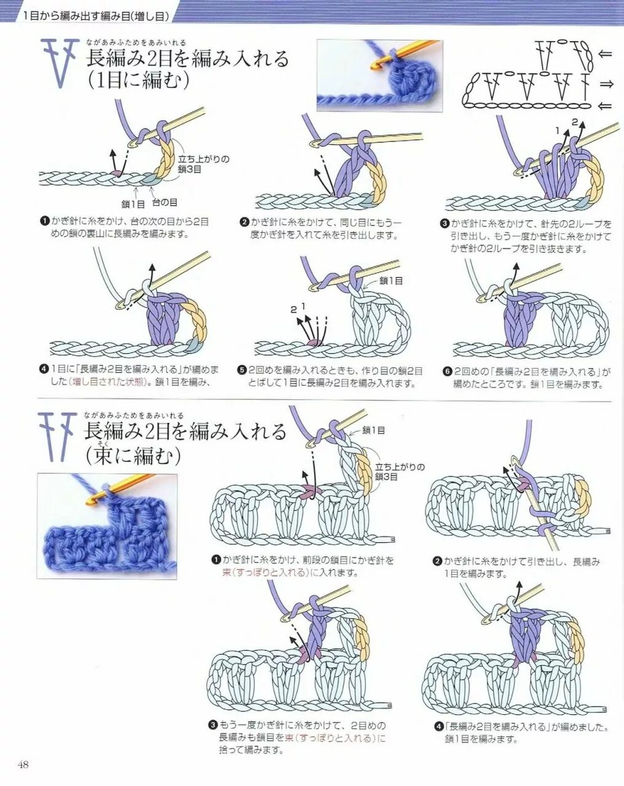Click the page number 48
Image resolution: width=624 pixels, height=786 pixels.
pyautogui.click(x=23, y=765)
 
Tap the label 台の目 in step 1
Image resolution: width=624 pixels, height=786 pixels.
pyautogui.click(x=165, y=202)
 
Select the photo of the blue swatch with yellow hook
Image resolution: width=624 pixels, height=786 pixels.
pyautogui.click(x=107, y=526)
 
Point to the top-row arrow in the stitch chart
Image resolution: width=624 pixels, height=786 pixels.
pyautogui.click(x=605, y=55)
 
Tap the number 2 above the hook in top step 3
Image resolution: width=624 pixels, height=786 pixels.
pyautogui.click(x=575, y=122)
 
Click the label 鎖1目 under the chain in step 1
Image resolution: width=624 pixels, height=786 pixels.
pyautogui.click(x=133, y=204)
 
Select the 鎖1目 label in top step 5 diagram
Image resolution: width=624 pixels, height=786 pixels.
pyautogui.click(x=391, y=281)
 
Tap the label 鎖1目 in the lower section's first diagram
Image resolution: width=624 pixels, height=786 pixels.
pyautogui.click(x=373, y=430)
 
